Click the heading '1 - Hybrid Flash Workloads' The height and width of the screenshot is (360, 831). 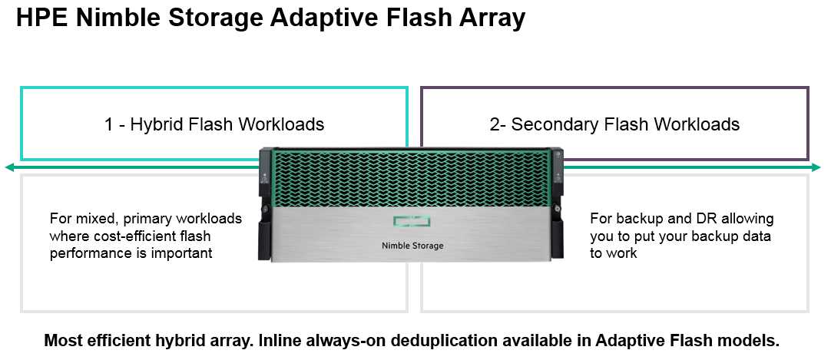coord(214,124)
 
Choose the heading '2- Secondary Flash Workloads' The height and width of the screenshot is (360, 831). coord(614,124)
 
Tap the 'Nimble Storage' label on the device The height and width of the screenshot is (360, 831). coord(412,246)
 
